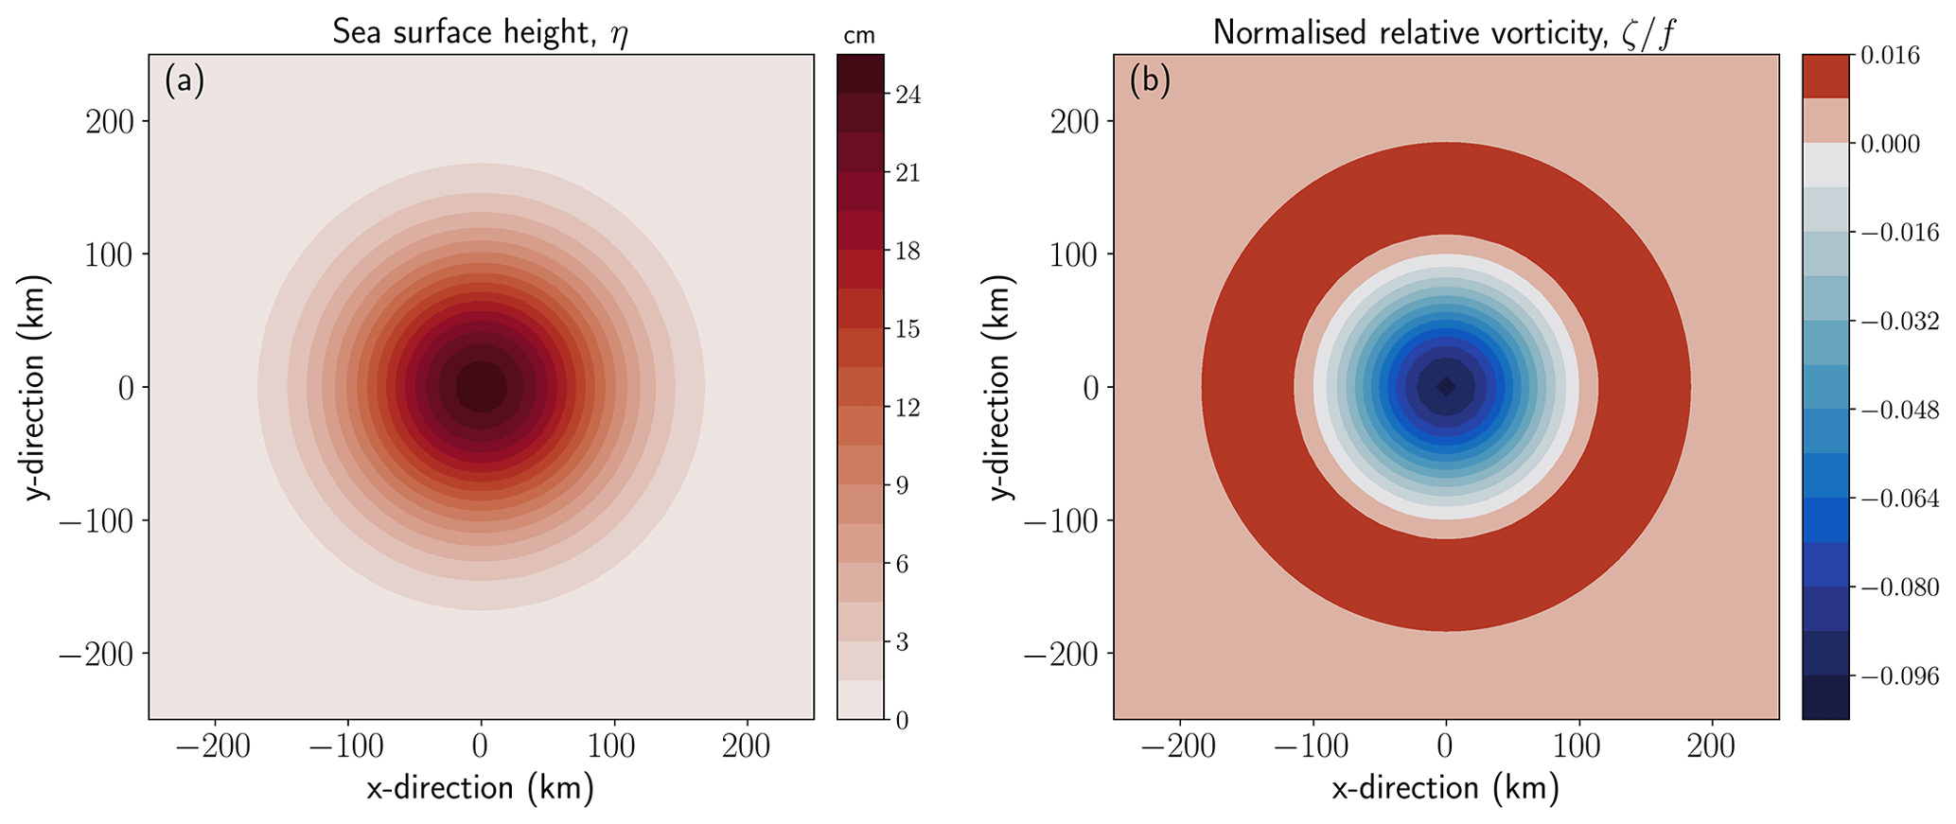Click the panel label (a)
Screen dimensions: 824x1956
pos(184,81)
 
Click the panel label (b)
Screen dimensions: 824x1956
pos(1150,81)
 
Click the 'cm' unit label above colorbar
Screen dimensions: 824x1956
pos(859,36)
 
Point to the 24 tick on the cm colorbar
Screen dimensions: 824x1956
pos(908,96)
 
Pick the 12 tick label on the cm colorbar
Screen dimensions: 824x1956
pos(908,409)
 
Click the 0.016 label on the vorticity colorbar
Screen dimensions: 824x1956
pos(1890,56)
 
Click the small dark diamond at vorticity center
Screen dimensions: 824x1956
pos(1446,386)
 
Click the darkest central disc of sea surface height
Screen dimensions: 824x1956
pos(481,386)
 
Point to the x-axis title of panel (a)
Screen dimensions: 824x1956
pos(480,788)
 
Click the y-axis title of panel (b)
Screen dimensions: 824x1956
pos(1000,387)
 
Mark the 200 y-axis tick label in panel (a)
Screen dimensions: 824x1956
pos(111,122)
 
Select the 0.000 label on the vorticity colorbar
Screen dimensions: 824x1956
pos(1890,145)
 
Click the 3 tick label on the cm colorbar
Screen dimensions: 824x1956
pos(902,643)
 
